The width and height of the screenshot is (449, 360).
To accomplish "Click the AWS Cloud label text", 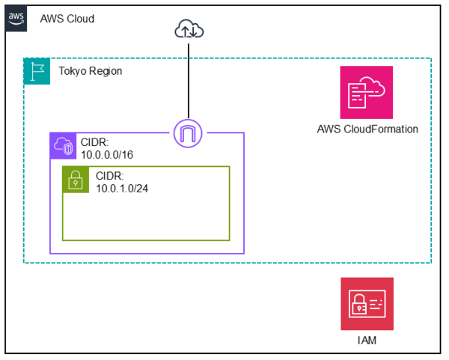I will click(67, 19).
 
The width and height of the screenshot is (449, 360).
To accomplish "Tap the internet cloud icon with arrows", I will click(189, 29).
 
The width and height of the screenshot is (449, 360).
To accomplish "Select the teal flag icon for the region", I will click(37, 71).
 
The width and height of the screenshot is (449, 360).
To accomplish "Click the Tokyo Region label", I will click(91, 71).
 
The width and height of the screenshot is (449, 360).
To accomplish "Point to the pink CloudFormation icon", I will click(367, 92).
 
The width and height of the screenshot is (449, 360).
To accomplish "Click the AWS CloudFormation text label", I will click(367, 129).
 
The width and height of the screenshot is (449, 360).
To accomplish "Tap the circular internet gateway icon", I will click(189, 133).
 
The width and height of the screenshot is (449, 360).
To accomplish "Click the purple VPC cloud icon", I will click(63, 146).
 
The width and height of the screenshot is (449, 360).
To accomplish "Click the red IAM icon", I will click(367, 304).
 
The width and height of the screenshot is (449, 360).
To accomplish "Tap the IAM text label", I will click(367, 341).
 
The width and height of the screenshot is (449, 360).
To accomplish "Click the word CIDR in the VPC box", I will click(95, 141).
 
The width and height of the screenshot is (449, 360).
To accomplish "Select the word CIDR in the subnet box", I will click(110, 175).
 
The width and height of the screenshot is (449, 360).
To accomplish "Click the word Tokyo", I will click(73, 71).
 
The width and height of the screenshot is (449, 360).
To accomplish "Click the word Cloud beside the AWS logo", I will click(80, 19).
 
